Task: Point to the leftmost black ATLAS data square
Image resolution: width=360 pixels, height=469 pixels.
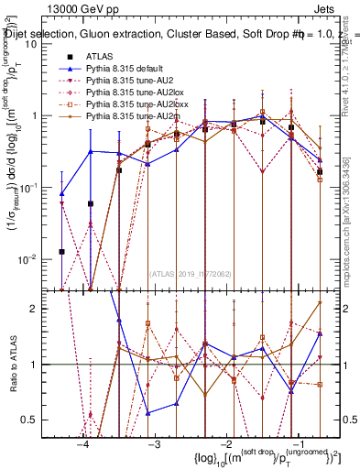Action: [61, 251]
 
